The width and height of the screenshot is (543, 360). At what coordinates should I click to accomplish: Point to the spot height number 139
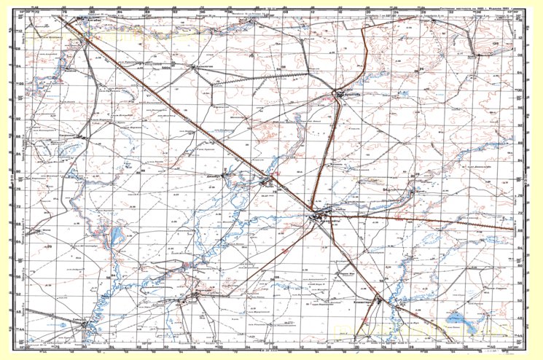[496, 44]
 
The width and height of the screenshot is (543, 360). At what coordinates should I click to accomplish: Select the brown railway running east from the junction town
[437, 222]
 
